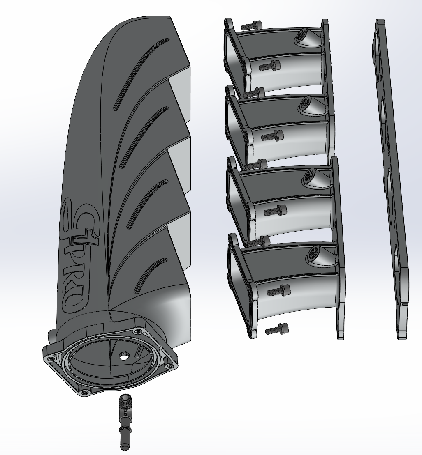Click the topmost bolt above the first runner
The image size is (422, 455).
click(251, 25)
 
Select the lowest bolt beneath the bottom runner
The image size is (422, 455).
click(277, 329)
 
